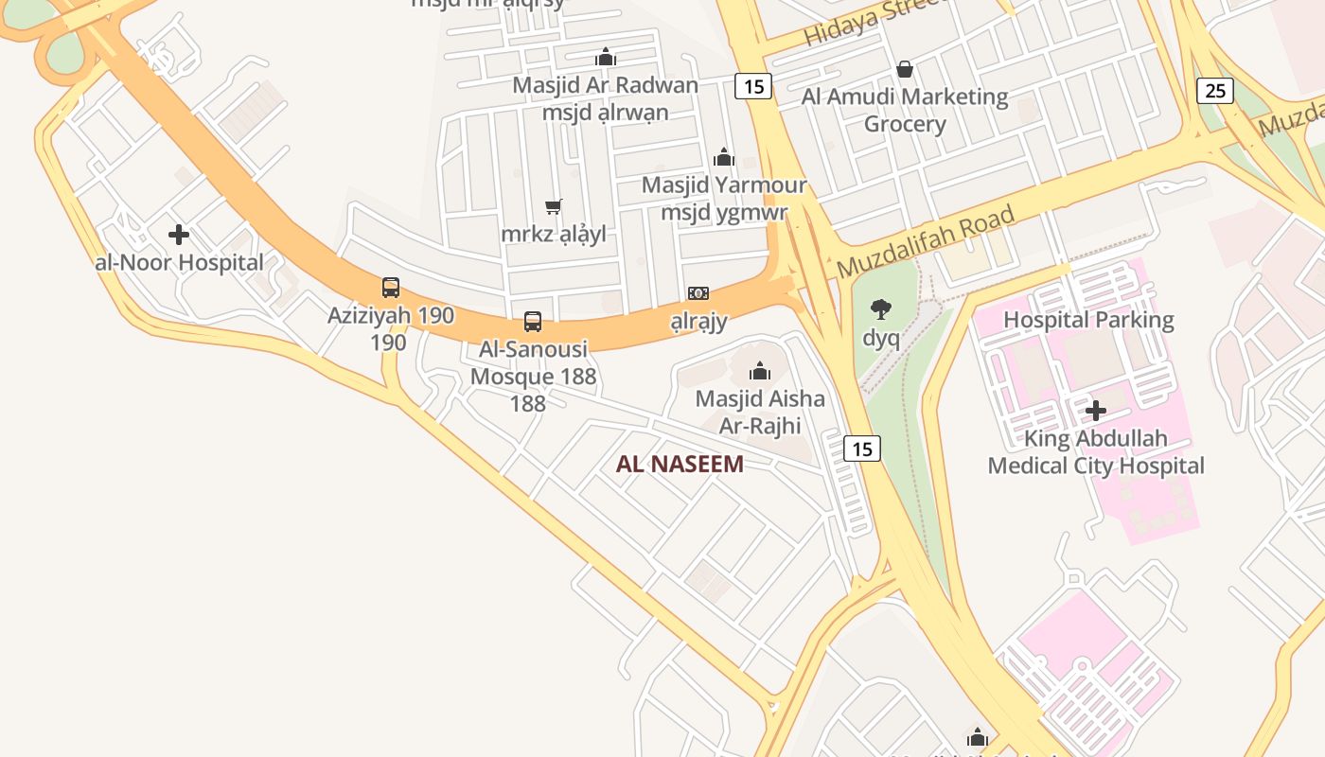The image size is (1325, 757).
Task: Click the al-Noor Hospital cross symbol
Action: pos(179,235)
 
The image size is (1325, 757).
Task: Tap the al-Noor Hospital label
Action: pos(180,263)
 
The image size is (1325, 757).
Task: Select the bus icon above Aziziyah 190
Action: pos(390,288)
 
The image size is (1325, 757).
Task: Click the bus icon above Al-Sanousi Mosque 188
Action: pos(533,322)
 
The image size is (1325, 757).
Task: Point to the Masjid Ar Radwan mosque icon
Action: pos(606,58)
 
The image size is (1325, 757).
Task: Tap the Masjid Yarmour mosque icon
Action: pos(724,157)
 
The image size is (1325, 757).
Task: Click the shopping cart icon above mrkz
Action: pos(554,206)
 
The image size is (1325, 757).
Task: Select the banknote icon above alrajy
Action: pos(698,293)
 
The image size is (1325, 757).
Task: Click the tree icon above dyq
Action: pos(881,308)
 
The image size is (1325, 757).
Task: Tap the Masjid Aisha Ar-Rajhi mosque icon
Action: pos(760,371)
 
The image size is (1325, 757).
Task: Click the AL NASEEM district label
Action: pos(680,464)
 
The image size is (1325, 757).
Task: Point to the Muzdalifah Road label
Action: pos(926,241)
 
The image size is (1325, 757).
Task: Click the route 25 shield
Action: pos(1215,91)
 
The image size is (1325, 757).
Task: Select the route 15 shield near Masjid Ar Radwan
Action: pos(753,86)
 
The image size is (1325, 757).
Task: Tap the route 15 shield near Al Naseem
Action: pos(862,449)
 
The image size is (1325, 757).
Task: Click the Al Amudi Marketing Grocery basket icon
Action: pos(905,69)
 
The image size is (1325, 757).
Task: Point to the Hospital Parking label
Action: pos(1088,320)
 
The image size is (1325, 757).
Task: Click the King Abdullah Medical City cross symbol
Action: pos(1096,411)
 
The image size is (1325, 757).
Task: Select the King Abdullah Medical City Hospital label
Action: pos(1096,452)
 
